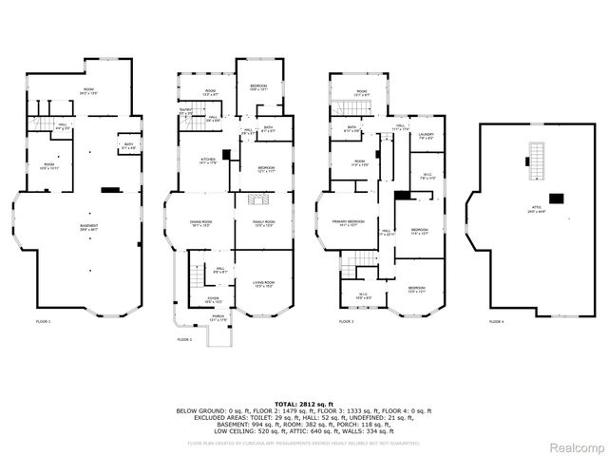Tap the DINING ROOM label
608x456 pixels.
point(200,222)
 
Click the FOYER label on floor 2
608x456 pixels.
point(200,299)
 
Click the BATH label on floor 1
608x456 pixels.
point(128,145)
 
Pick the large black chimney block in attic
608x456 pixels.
point(556,199)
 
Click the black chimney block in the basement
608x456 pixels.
point(110,190)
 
